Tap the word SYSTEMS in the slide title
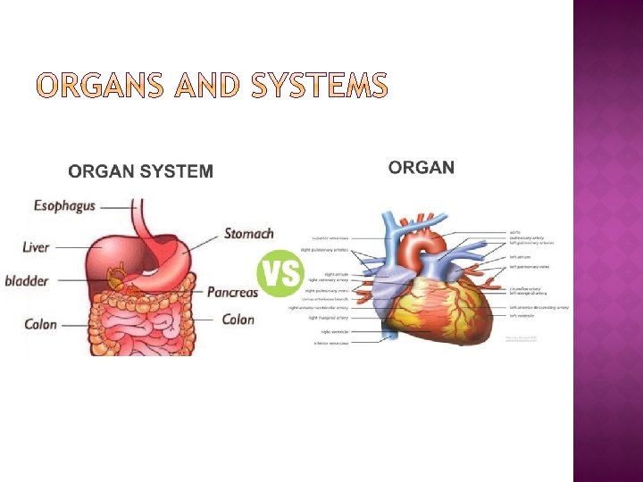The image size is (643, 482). click(x=320, y=86)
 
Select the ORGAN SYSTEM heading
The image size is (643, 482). click(x=141, y=171)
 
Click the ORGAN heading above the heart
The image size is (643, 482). click(x=422, y=167)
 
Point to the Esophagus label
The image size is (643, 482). click(x=64, y=206)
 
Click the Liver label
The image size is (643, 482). click(x=37, y=247)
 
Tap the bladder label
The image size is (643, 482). click(x=27, y=281)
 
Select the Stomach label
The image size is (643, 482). click(x=248, y=234)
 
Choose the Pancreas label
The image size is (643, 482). click(x=232, y=292)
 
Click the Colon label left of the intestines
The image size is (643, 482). click(x=40, y=324)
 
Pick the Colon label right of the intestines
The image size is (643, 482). click(x=238, y=320)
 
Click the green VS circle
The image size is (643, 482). click(x=280, y=272)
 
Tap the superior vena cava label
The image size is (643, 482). click(x=330, y=238)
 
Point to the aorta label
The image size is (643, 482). click(x=515, y=231)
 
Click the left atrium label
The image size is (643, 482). click(x=520, y=257)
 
